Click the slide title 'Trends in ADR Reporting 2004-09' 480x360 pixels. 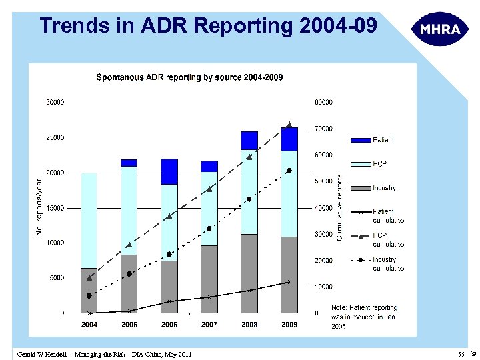click(x=208, y=26)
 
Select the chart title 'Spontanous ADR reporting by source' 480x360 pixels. click(x=189, y=77)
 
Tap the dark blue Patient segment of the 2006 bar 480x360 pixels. click(x=169, y=171)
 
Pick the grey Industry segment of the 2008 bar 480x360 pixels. click(x=249, y=273)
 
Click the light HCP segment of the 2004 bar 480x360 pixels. click(x=89, y=220)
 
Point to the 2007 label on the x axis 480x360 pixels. click(x=209, y=325)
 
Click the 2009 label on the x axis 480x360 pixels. click(x=289, y=325)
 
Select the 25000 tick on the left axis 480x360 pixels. click(x=55, y=137)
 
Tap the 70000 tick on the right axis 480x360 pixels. click(x=324, y=129)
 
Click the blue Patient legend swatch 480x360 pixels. click(x=360, y=140)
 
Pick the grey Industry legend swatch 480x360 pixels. click(x=360, y=188)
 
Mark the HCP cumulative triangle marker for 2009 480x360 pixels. click(x=289, y=125)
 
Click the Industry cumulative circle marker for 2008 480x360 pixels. click(x=249, y=199)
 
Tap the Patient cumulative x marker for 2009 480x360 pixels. click(x=289, y=282)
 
